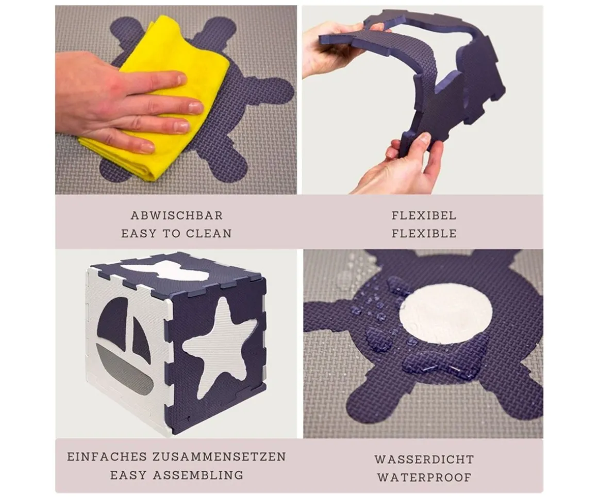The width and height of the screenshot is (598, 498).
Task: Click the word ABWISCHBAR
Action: pyautogui.click(x=177, y=215)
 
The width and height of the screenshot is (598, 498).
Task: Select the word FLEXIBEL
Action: pyautogui.click(x=424, y=215)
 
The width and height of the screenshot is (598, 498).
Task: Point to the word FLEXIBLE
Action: pyautogui.click(x=424, y=234)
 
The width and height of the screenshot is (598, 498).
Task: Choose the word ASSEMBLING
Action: pyautogui.click(x=198, y=475)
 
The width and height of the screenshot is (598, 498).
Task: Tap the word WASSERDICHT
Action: pyautogui.click(x=424, y=459)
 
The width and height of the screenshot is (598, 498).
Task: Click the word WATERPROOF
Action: pyautogui.click(x=424, y=477)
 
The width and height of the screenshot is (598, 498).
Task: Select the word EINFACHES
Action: pyautogui.click(x=107, y=456)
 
